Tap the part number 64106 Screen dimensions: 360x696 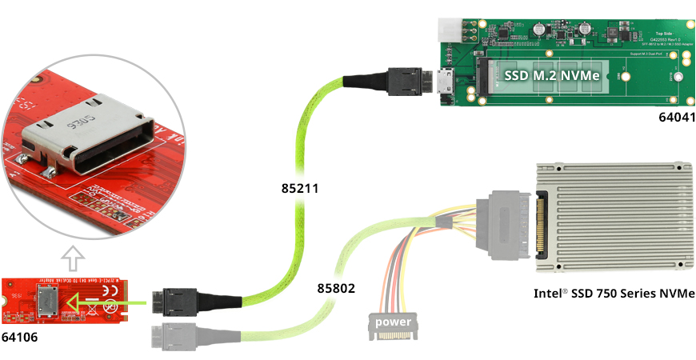(19, 337)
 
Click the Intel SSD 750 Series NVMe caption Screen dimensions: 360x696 (614, 293)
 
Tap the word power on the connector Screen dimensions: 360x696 (392, 322)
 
